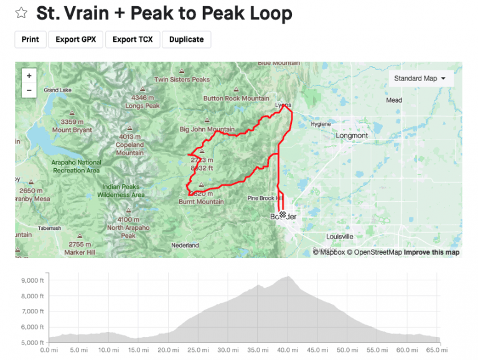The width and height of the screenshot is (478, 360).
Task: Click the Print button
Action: (x=30, y=39)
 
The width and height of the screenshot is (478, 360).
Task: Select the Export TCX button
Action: (x=133, y=39)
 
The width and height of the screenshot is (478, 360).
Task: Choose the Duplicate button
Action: (x=186, y=39)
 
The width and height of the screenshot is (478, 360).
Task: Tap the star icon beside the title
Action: (x=21, y=13)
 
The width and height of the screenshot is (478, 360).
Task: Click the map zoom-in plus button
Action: (x=29, y=75)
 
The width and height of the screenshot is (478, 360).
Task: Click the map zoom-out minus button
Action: (x=29, y=90)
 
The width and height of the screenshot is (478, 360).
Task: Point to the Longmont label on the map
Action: (x=352, y=135)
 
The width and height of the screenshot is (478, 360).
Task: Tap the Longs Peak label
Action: (x=143, y=106)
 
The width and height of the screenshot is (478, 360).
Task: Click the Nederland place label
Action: (x=185, y=245)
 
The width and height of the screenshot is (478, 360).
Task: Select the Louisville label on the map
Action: (x=339, y=237)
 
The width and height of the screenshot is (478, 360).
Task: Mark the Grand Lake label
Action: (x=57, y=90)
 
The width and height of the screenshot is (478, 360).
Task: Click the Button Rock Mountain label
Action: (x=236, y=98)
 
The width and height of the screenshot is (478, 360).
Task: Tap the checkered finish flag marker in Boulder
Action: (x=283, y=215)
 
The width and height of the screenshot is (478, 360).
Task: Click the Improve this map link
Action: (x=431, y=252)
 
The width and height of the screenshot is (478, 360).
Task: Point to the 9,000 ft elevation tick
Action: (x=31, y=280)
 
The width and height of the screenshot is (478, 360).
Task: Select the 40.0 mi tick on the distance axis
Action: (x=286, y=351)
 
